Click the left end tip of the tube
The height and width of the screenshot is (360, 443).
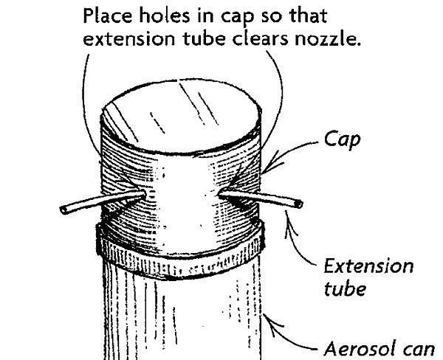click(x=63, y=210)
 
